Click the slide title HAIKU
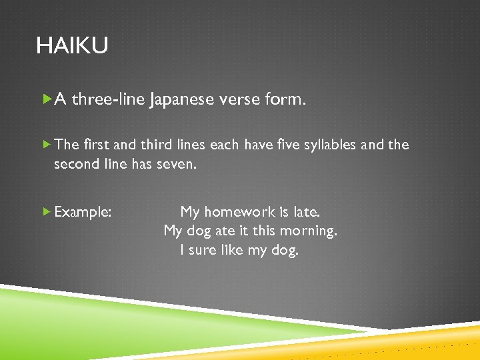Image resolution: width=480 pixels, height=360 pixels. tap(72, 46)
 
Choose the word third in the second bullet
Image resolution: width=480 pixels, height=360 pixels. tap(155, 145)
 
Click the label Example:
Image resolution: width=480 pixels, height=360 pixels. tap(83, 212)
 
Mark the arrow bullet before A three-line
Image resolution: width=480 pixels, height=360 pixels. tap(46, 100)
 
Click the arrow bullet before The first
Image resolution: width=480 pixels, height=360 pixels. tap(46, 145)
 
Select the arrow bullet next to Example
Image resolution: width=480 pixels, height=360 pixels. tap(46, 212)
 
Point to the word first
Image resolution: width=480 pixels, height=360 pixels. tap(97, 145)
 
